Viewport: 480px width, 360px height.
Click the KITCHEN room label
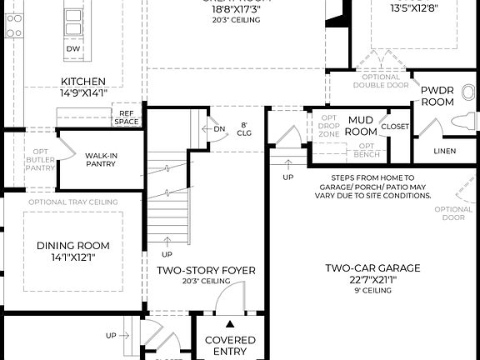point(82,82)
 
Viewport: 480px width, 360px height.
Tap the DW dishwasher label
point(73,48)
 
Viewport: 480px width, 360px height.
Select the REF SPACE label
point(127,117)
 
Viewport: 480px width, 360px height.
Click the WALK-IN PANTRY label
point(101,158)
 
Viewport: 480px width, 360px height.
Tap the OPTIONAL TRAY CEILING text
point(72,202)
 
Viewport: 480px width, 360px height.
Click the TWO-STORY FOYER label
point(206,271)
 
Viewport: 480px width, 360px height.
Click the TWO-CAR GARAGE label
point(372,267)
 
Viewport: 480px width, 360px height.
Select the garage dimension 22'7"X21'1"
point(372,280)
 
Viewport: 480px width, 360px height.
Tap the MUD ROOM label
point(360,126)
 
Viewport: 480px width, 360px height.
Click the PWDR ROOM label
point(436,95)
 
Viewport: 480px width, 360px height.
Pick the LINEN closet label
point(445,151)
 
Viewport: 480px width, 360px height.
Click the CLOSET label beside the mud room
point(395,127)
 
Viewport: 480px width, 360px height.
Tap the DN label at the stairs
point(219,129)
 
